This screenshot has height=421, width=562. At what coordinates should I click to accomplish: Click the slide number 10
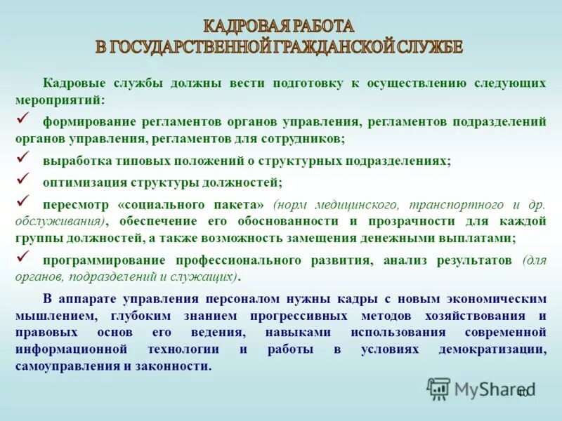(522, 393)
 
